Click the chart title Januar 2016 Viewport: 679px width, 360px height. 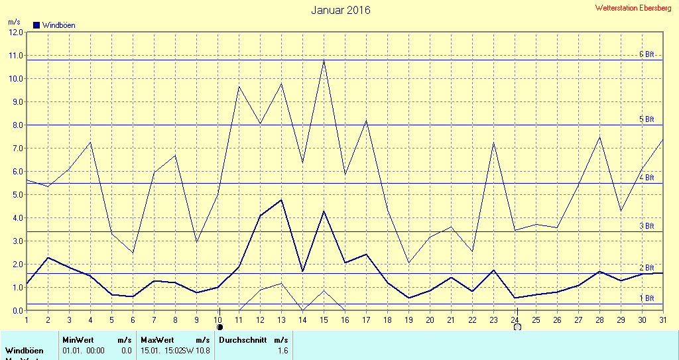pyautogui.click(x=341, y=10)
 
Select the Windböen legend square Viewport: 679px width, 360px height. pyautogui.click(x=36, y=25)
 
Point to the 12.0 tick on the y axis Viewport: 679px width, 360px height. pyautogui.click(x=16, y=32)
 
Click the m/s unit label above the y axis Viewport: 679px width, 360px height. pyautogui.click(x=13, y=22)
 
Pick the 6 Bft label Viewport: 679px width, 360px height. pyautogui.click(x=646, y=54)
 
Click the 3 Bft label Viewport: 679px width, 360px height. pyautogui.click(x=646, y=226)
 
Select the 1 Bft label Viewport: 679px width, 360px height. pyautogui.click(x=646, y=298)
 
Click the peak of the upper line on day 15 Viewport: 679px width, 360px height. pyautogui.click(x=324, y=60)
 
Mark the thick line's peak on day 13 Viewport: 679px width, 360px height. pyautogui.click(x=281, y=200)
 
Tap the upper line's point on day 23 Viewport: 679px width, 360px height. pyautogui.click(x=493, y=143)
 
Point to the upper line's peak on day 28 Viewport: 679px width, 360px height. pyautogui.click(x=599, y=137)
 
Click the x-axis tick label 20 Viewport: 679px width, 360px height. pyautogui.click(x=430, y=320)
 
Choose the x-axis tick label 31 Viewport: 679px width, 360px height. pyautogui.click(x=663, y=320)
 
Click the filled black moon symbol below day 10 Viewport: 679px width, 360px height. pyautogui.click(x=220, y=326)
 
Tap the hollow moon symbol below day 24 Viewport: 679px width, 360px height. pyautogui.click(x=517, y=326)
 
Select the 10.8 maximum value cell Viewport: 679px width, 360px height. pyautogui.click(x=203, y=349)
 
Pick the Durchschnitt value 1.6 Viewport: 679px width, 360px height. pyautogui.click(x=282, y=349)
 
